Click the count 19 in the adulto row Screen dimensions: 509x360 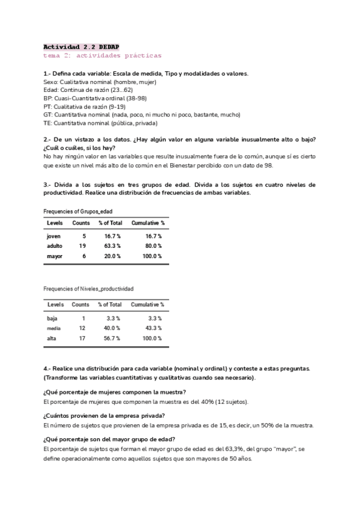[x=84, y=246]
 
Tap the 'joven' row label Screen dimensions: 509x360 [x=53, y=236]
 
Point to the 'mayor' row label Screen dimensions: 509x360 [x=54, y=256]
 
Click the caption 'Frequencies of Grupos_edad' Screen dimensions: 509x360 [x=78, y=211]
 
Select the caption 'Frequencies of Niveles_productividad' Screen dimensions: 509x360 [x=88, y=289]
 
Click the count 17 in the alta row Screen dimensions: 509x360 [x=82, y=338]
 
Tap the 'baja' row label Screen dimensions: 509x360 [x=52, y=318]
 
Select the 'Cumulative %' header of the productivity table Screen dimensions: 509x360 [x=148, y=304]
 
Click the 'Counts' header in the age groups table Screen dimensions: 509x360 [x=82, y=223]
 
